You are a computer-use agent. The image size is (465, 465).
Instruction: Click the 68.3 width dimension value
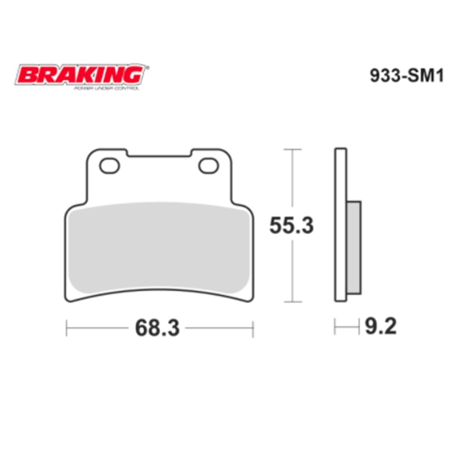click(157, 328)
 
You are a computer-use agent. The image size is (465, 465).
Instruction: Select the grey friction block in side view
click(353, 247)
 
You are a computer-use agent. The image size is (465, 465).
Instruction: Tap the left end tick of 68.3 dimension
click(67, 328)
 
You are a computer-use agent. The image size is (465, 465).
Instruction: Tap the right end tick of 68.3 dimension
click(252, 328)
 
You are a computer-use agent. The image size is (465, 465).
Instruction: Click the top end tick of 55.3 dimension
click(292, 149)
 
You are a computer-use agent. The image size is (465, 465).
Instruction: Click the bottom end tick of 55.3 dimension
click(292, 302)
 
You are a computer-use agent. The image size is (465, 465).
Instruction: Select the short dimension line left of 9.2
click(346, 327)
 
